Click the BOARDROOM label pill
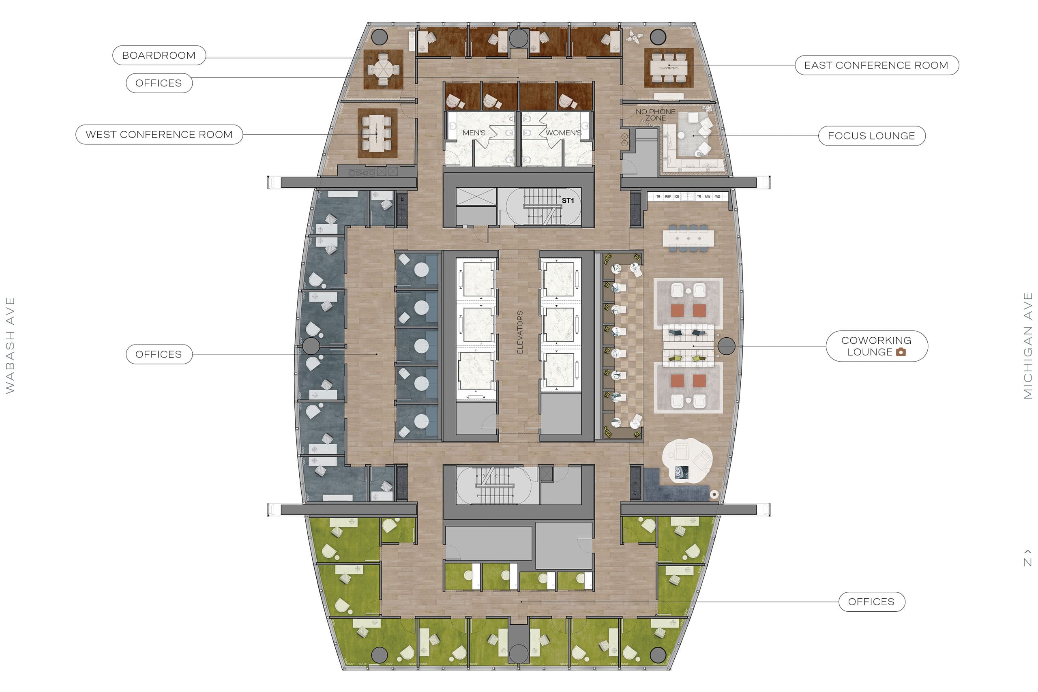coord(159,56)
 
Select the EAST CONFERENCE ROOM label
coord(877,65)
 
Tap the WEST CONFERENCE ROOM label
coord(159,135)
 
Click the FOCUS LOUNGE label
coord(871,136)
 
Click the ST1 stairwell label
coord(568,201)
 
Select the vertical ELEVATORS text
coord(520,332)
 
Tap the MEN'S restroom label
coord(474,133)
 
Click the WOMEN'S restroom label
coord(563,133)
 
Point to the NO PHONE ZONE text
coord(655,115)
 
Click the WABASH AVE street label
coord(10,345)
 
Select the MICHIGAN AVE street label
coord(1028,345)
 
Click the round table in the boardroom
coord(383,69)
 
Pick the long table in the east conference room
coord(669,68)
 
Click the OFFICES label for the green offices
coord(871,602)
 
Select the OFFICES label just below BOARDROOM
coord(159,84)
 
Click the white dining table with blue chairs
coord(688,238)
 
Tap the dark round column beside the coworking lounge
coord(726,346)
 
